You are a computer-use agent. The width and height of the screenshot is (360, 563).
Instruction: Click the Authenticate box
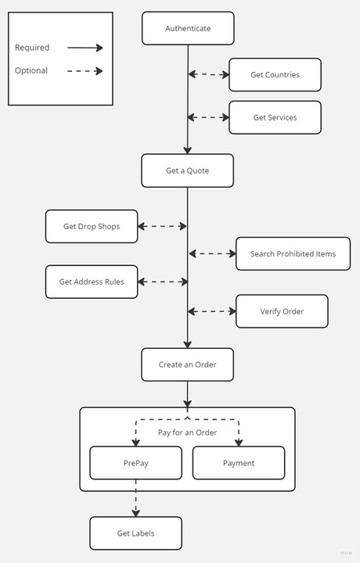(x=188, y=28)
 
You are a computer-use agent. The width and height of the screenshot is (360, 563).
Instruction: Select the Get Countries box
(x=275, y=75)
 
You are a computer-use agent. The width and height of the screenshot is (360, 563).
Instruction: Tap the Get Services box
(x=275, y=117)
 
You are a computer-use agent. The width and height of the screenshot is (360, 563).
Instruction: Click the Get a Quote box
(x=188, y=170)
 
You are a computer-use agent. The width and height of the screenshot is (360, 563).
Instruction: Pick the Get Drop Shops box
(x=92, y=227)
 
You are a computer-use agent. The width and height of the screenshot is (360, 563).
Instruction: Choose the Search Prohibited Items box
(x=293, y=253)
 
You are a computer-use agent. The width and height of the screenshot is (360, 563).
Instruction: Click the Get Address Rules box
(x=92, y=281)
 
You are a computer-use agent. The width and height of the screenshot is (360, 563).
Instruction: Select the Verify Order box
(x=282, y=311)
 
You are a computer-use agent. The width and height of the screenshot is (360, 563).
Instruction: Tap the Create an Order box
(x=188, y=364)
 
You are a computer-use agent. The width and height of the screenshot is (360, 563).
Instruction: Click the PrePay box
(x=135, y=463)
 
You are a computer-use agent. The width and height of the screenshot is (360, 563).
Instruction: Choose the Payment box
(x=239, y=463)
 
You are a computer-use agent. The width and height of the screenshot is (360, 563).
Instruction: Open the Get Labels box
(x=135, y=533)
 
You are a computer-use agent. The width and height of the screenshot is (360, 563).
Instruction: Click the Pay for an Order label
(x=188, y=432)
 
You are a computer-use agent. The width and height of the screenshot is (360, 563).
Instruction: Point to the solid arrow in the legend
(x=85, y=48)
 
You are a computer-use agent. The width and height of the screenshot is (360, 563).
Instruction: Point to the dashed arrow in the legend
(x=85, y=71)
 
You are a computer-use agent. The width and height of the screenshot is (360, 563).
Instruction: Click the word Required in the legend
(x=32, y=48)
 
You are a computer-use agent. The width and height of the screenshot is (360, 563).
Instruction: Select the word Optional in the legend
(x=31, y=71)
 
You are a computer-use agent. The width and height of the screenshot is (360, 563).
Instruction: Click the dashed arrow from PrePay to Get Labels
(x=135, y=498)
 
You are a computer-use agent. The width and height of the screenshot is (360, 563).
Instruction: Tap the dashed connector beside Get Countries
(x=209, y=75)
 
